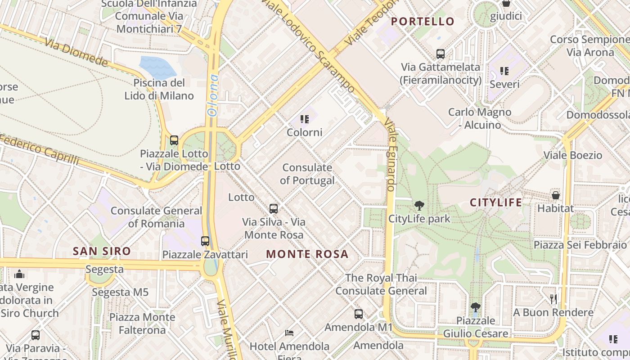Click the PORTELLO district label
pyautogui.click(x=423, y=21)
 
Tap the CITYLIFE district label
pyautogui.click(x=496, y=202)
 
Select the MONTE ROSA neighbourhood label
pyautogui.click(x=307, y=254)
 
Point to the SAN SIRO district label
pyautogui.click(x=102, y=251)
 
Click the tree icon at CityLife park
pyautogui.click(x=419, y=206)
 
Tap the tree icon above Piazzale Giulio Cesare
pyautogui.click(x=475, y=308)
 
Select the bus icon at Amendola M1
pyautogui.click(x=359, y=314)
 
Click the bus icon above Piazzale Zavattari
pyautogui.click(x=205, y=241)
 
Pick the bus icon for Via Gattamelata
pyautogui.click(x=441, y=54)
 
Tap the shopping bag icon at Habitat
pyautogui.click(x=556, y=195)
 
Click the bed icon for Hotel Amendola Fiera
pyautogui.click(x=290, y=333)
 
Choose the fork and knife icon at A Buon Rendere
pyautogui.click(x=553, y=299)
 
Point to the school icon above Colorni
pyautogui.click(x=305, y=119)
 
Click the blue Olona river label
pyautogui.click(x=213, y=95)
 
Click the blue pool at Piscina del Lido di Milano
pyautogui.click(x=157, y=67)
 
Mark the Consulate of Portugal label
pyautogui.click(x=307, y=174)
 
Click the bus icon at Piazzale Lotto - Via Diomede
pyautogui.click(x=174, y=140)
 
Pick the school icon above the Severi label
pyautogui.click(x=504, y=71)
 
